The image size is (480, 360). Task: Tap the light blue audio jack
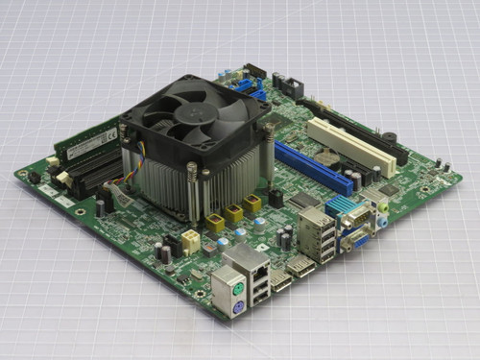point(381,220)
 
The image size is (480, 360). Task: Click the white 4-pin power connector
point(190,241)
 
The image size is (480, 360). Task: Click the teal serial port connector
point(345,205)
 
